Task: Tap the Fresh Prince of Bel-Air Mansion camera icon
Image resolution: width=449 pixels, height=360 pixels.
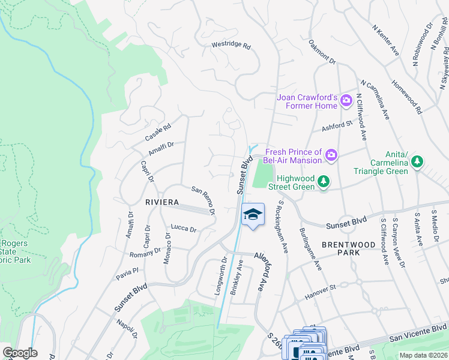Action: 331,157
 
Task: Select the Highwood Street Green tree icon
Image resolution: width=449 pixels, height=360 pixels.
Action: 324,181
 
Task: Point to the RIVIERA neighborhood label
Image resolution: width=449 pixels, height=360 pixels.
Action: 162,203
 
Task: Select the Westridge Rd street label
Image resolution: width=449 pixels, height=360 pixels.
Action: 231,46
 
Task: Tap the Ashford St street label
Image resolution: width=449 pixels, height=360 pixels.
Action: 337,125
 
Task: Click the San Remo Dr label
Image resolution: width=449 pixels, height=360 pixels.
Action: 203,199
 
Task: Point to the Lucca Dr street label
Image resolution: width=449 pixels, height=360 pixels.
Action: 184,229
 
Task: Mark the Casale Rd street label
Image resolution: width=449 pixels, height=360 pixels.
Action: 158,133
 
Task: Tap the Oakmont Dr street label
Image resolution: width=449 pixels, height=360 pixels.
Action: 322,52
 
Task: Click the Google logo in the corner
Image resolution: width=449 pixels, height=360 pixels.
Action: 20,353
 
